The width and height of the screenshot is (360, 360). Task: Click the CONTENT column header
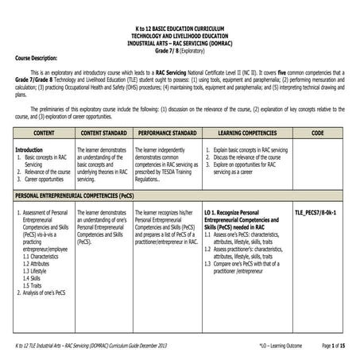point(45,132)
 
